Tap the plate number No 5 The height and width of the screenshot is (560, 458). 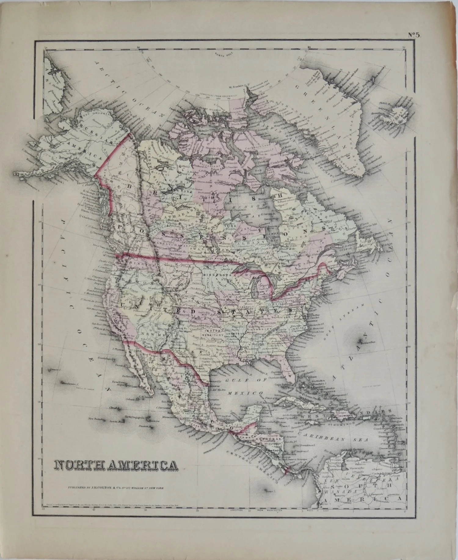(x=414, y=35)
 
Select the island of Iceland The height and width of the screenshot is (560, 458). (x=394, y=118)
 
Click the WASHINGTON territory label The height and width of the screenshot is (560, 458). (x=134, y=265)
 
